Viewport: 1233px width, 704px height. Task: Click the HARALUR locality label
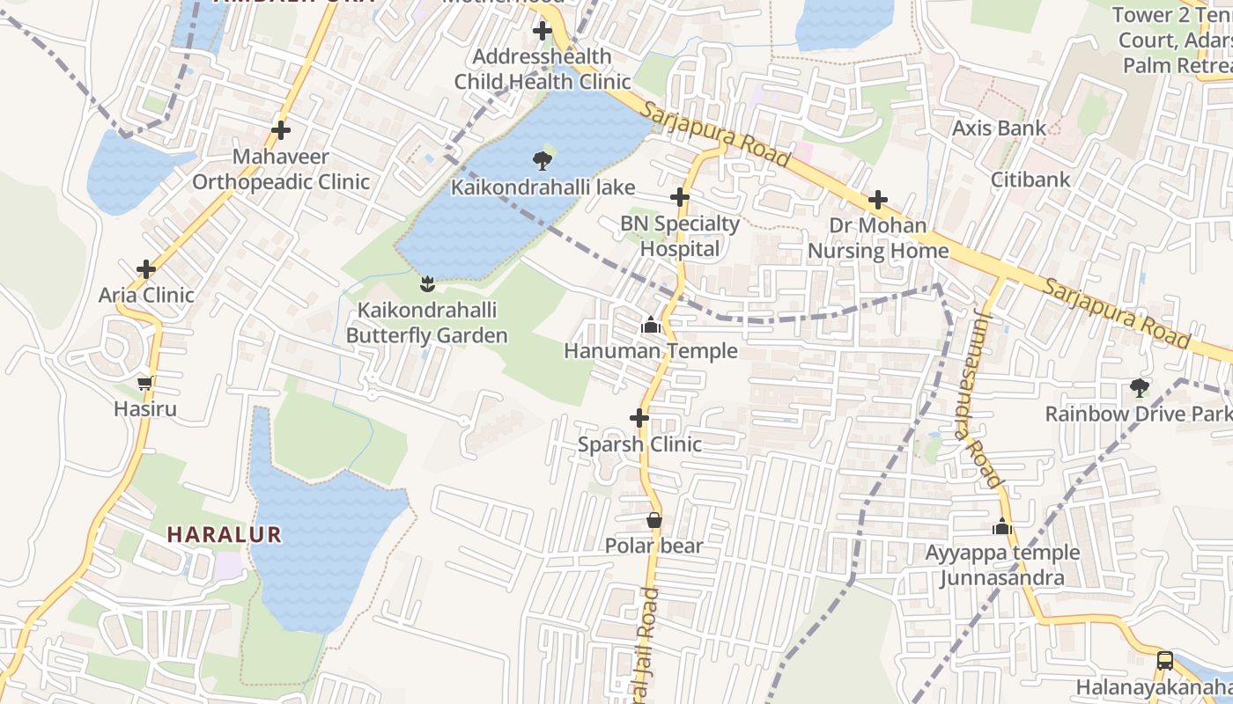click(x=225, y=534)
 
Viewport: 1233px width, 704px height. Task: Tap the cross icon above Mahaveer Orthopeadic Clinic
click(x=281, y=130)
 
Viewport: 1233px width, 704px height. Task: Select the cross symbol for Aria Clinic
click(x=146, y=268)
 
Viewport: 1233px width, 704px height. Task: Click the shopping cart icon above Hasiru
click(x=145, y=383)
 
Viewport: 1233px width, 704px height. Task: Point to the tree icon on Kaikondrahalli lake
click(x=542, y=160)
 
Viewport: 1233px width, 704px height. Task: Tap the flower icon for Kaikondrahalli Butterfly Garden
click(x=427, y=283)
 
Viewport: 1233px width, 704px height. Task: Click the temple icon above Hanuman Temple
click(x=651, y=326)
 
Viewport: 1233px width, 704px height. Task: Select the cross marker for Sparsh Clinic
click(x=640, y=418)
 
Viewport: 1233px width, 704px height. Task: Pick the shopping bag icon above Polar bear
click(x=654, y=520)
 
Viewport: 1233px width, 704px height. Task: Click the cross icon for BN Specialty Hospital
click(x=680, y=197)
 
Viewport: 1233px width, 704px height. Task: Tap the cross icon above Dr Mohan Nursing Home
click(x=878, y=201)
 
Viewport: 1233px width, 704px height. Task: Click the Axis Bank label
click(x=1000, y=128)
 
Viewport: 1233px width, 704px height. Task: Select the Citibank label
click(x=1030, y=180)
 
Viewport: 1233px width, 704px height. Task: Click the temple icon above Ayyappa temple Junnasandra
click(x=1002, y=527)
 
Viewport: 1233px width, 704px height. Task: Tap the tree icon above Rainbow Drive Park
click(x=1140, y=387)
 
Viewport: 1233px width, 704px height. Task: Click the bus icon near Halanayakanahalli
click(x=1164, y=660)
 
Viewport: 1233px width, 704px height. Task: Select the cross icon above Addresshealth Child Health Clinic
click(x=543, y=32)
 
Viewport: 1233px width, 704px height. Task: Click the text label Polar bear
click(x=653, y=546)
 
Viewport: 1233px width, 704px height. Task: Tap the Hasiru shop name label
click(x=145, y=409)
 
